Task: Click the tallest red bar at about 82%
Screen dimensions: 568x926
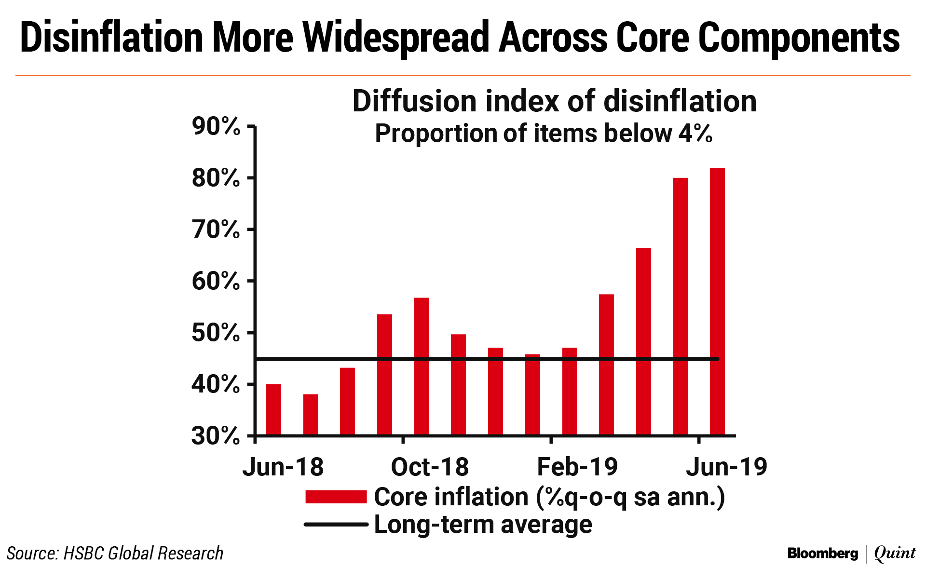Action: click(x=717, y=301)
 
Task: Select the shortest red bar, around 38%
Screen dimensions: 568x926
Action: click(x=311, y=415)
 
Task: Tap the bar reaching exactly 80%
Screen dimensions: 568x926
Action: click(x=680, y=306)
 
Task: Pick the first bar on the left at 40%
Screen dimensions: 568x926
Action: click(x=273, y=410)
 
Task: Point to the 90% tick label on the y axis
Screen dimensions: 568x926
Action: click(x=216, y=127)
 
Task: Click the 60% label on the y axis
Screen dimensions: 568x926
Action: click(x=216, y=282)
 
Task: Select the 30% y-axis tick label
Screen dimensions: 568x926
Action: click(x=216, y=436)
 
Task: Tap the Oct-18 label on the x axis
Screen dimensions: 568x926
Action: click(x=429, y=467)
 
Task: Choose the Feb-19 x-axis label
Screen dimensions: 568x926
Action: click(x=577, y=467)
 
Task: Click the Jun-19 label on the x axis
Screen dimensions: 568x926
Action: click(x=726, y=467)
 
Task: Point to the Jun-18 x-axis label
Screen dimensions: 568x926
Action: click(x=283, y=467)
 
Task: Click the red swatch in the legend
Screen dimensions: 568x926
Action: click(x=336, y=497)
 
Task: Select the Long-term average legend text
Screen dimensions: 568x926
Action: click(x=483, y=525)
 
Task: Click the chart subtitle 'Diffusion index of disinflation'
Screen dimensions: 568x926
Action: click(x=554, y=101)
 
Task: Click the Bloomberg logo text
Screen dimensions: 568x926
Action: click(x=823, y=553)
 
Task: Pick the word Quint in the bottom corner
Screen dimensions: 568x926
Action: click(x=895, y=553)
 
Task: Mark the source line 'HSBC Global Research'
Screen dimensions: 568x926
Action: click(x=143, y=554)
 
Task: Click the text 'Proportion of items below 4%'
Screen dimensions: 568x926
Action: click(x=544, y=134)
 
